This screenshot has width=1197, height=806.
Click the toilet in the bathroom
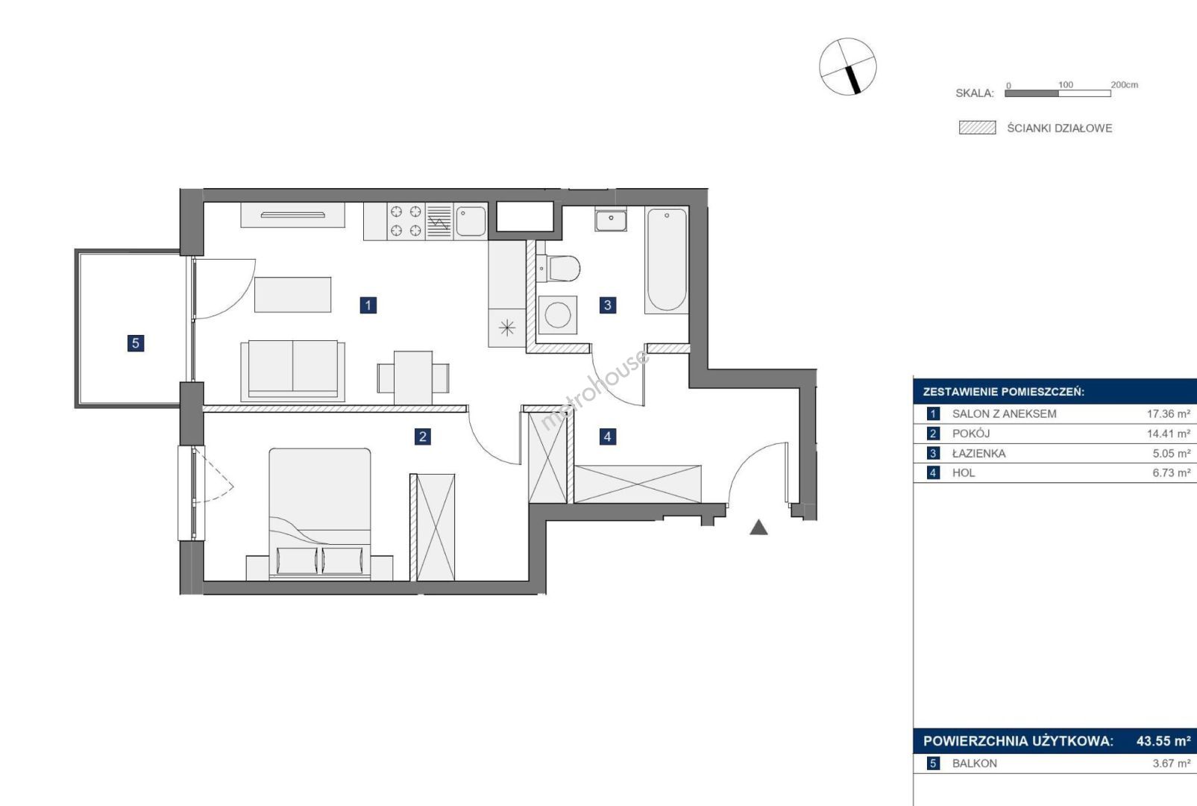pyautogui.click(x=558, y=267)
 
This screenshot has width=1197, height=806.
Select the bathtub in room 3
pyautogui.click(x=666, y=260)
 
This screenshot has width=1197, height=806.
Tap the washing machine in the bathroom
pyautogui.click(x=557, y=315)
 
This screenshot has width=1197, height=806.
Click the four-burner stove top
pyautogui.click(x=406, y=221)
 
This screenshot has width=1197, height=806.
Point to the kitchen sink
pyautogui.click(x=471, y=221)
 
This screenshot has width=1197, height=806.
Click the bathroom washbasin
pyautogui.click(x=611, y=220)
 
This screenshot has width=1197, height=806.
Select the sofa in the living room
pyautogui.click(x=293, y=371)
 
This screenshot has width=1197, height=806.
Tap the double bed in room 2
pyautogui.click(x=319, y=514)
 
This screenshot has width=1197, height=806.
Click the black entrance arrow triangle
pyautogui.click(x=758, y=528)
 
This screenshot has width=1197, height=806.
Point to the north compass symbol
pyautogui.click(x=848, y=66)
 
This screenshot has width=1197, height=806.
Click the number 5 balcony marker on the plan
pyautogui.click(x=136, y=343)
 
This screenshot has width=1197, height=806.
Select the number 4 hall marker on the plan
pyautogui.click(x=607, y=437)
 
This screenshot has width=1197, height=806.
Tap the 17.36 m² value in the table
pyautogui.click(x=1169, y=413)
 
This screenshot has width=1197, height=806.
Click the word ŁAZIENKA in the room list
pyautogui.click(x=979, y=454)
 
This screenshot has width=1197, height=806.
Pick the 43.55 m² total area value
pyautogui.click(x=1163, y=741)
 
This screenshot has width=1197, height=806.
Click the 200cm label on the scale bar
pyautogui.click(x=1125, y=84)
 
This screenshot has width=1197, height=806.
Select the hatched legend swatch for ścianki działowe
pyautogui.click(x=978, y=128)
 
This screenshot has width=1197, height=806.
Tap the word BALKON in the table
pyautogui.click(x=975, y=763)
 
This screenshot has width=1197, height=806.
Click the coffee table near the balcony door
pyautogui.click(x=293, y=295)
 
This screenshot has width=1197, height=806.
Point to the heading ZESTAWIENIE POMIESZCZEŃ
pyautogui.click(x=1004, y=392)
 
